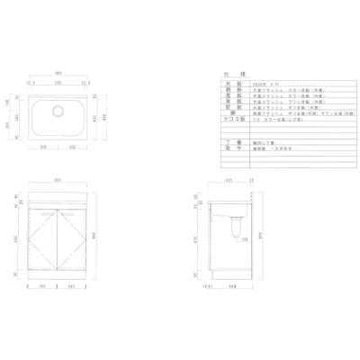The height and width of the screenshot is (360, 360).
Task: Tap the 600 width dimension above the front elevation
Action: (x=58, y=180)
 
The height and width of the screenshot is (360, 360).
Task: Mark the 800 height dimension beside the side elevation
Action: (x=258, y=236)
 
